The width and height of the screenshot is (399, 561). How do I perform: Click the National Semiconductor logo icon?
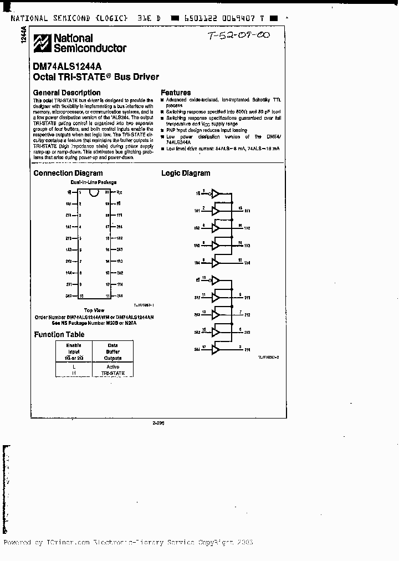[x=42, y=43]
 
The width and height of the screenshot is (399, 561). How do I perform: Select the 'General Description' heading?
[x=67, y=93]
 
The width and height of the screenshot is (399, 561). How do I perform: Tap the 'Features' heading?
[x=176, y=93]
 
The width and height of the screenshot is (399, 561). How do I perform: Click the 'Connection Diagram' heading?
[x=68, y=173]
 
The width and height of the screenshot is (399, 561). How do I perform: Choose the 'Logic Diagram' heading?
[x=186, y=173]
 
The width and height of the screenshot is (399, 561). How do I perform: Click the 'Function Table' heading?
[x=59, y=334]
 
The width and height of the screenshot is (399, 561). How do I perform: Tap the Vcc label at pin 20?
[x=119, y=192]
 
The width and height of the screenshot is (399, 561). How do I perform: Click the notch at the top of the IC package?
[x=95, y=192]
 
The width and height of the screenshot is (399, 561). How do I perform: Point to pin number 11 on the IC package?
[x=108, y=295]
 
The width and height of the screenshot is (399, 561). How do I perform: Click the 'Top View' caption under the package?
[x=94, y=310]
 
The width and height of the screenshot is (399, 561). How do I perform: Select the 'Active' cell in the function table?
[x=113, y=367]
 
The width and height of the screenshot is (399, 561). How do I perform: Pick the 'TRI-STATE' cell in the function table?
[x=113, y=373]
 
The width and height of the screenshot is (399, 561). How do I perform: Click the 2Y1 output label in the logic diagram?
[x=248, y=298]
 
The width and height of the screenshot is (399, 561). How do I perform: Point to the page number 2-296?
[x=158, y=422]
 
